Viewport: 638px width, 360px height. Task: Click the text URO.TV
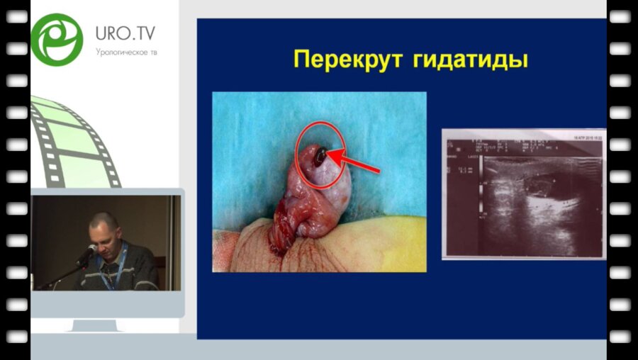(x=125, y=33)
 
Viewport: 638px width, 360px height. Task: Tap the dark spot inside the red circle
(x=320, y=157)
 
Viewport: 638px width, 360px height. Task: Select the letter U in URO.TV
(x=101, y=33)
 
